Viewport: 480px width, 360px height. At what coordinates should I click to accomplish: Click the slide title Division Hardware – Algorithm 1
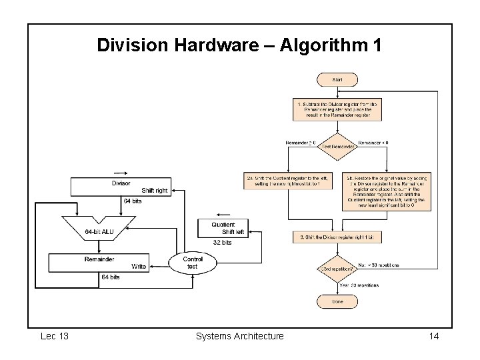[239, 45]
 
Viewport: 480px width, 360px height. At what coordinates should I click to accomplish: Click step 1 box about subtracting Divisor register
[337, 109]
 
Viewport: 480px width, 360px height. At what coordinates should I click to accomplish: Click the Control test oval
[193, 262]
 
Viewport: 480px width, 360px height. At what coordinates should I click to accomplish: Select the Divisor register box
[121, 187]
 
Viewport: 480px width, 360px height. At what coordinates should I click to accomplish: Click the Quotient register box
[223, 228]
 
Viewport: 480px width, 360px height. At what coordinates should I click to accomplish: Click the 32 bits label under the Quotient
[222, 243]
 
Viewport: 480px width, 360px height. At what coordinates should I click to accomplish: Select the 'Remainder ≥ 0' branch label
[300, 143]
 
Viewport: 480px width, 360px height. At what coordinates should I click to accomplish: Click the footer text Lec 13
[54, 336]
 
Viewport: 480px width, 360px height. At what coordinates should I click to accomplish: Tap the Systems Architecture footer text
[239, 336]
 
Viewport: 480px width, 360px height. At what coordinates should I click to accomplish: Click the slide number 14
[433, 336]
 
